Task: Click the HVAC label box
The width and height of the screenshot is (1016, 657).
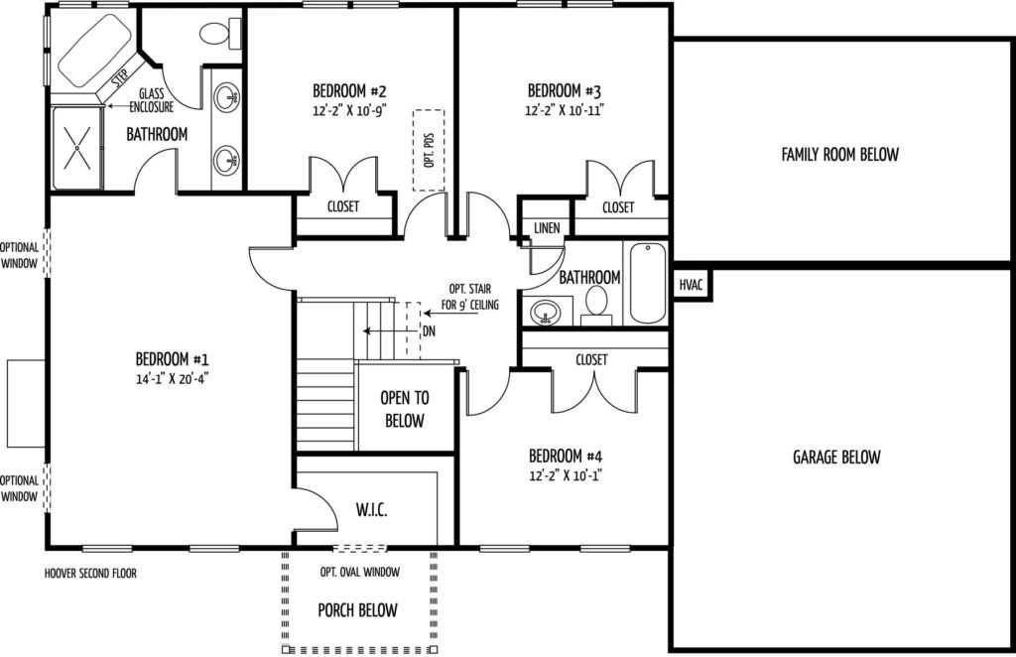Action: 692,285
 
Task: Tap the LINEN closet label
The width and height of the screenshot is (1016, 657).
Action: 547,228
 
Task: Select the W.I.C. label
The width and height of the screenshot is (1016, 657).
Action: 371,511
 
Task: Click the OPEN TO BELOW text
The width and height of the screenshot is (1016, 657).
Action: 405,409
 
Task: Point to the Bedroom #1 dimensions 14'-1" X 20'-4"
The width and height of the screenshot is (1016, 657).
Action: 173,378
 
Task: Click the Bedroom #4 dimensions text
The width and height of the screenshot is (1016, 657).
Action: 565,475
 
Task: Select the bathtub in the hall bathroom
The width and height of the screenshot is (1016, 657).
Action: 647,284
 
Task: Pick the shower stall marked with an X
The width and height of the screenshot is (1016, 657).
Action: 76,147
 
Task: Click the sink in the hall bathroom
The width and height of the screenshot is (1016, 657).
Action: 544,315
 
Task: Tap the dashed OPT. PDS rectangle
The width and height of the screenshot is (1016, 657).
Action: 430,149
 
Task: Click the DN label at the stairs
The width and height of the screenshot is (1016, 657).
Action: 429,330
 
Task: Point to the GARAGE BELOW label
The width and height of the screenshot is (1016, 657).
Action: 836,458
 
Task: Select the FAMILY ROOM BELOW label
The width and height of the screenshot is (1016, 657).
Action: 839,154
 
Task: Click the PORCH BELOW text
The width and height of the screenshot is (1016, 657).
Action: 357,610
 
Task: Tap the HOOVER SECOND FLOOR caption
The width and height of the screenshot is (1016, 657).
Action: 90,573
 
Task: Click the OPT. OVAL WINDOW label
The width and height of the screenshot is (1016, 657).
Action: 359,572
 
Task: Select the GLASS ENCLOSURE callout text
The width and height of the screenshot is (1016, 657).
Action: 151,100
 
